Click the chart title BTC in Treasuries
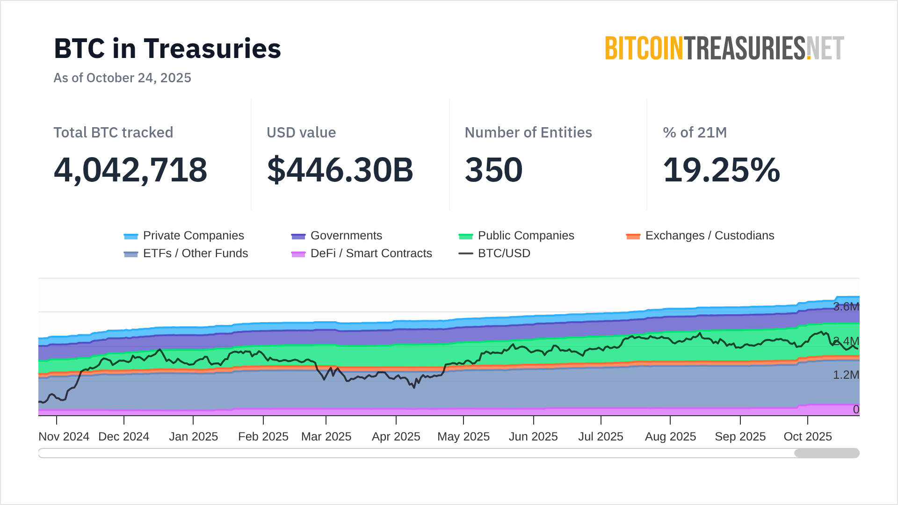tap(167, 49)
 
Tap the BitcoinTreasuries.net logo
tap(724, 49)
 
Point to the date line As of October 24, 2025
tap(122, 78)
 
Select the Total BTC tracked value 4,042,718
tap(130, 170)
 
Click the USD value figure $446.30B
tap(340, 170)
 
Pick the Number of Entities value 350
tap(493, 170)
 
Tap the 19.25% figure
tap(721, 170)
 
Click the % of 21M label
tap(695, 132)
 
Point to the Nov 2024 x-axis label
tap(64, 437)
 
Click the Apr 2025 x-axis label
tap(396, 437)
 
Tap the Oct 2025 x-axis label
tap(807, 437)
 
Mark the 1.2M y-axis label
tap(846, 375)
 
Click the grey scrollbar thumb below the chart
tap(826, 453)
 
